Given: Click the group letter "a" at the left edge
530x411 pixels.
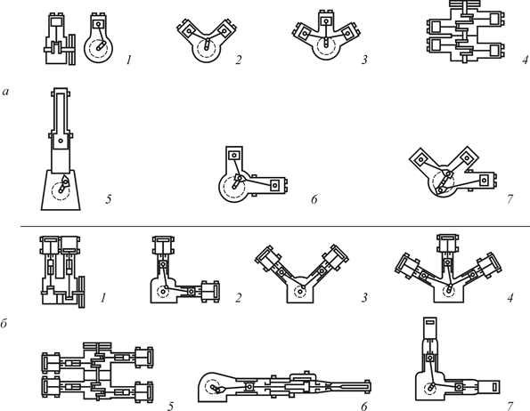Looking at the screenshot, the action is pos(5,92).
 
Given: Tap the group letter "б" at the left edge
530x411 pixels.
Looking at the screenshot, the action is pos(4,324).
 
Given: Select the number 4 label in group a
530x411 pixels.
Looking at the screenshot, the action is pos(525,60).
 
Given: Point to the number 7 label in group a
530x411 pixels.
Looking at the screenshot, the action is pos(510,199).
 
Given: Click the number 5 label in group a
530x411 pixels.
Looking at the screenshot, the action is pos(109,199).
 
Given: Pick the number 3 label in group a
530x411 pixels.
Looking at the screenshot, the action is pos(364,60).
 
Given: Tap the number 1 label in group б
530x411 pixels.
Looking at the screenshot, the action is pos(103,298).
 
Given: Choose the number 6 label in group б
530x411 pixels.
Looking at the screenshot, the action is pos(364,406).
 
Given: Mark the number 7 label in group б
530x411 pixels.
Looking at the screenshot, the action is pos(510,406).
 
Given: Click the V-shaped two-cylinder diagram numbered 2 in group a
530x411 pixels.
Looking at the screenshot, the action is pos(203,40).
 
